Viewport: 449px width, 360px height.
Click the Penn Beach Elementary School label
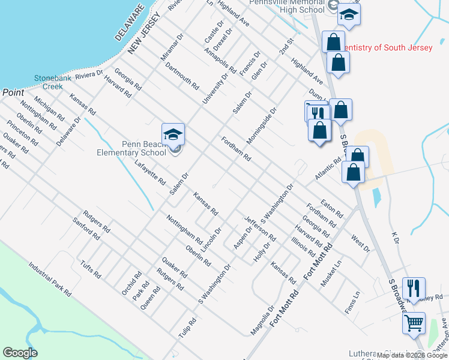tap(131, 148)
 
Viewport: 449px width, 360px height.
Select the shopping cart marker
tap(414, 323)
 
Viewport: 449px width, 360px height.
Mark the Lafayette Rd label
tap(150, 173)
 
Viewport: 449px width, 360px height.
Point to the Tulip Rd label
tap(187, 328)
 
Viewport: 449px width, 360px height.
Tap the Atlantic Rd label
tap(328, 169)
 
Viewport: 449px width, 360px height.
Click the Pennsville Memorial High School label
tap(287, 6)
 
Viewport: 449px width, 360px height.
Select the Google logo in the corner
tap(20, 353)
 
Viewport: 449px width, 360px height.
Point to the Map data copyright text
tap(412, 356)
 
